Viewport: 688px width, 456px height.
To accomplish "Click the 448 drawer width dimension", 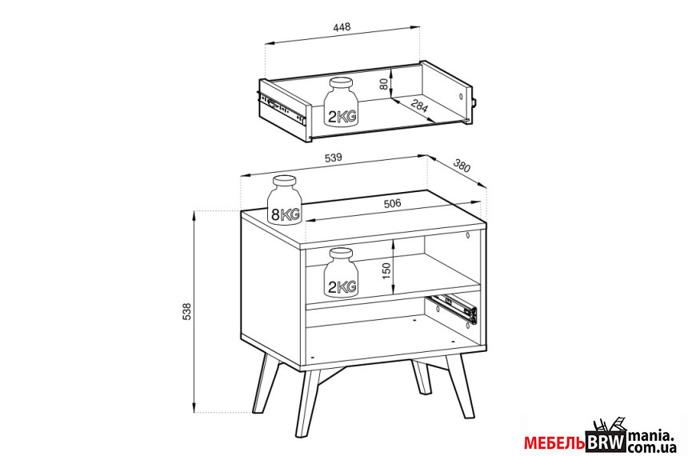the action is [342, 27].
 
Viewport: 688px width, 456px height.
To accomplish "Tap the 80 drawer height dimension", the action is [384, 83].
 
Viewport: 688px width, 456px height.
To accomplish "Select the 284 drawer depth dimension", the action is [418, 106].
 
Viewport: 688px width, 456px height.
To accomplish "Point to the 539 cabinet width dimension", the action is [333, 158].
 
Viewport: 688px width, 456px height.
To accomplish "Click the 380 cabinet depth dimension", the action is [462, 166].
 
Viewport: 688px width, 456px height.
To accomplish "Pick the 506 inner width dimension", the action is [392, 203].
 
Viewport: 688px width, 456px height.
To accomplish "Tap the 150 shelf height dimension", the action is [386, 270].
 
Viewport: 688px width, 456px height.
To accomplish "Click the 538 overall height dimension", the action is [187, 312].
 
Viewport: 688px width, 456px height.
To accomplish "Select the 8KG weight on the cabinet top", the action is [284, 200].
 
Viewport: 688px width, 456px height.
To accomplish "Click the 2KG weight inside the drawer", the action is [342, 103].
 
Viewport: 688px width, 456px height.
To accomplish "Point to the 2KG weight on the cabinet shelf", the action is [342, 274].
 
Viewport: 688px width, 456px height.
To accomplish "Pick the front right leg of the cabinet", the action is [460, 386].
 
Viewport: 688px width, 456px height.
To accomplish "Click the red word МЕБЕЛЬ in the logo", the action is [554, 443].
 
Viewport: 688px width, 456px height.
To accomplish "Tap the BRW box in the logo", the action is [606, 443].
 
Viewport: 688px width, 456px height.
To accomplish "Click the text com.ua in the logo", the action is [651, 448].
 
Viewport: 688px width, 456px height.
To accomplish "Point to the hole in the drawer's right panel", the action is [460, 97].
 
